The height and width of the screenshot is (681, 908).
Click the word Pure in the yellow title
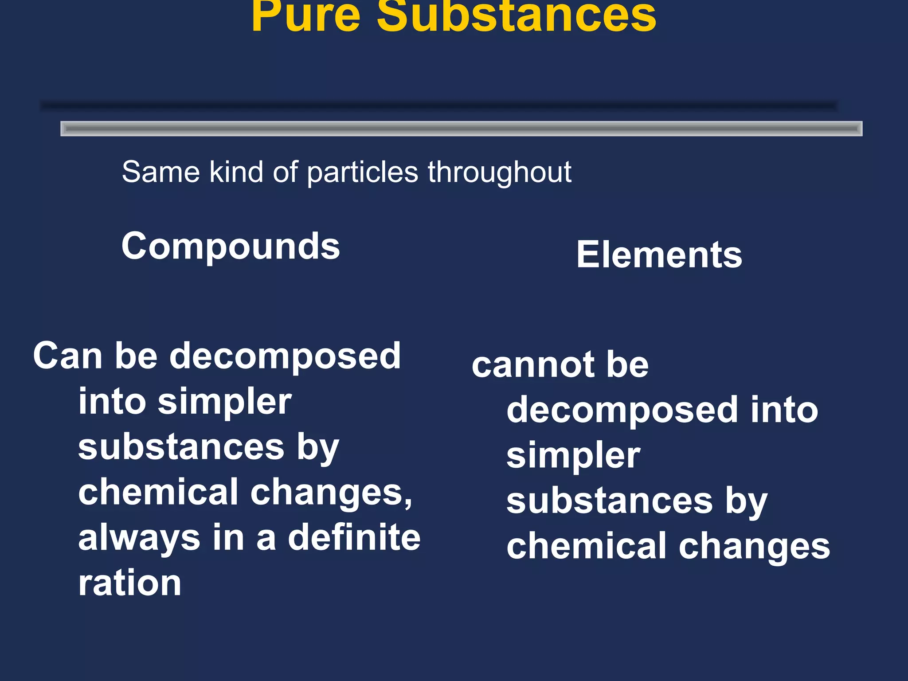tap(305, 17)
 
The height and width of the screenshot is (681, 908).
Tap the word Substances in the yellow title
tap(516, 17)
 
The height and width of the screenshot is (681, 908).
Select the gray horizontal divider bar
tap(461, 129)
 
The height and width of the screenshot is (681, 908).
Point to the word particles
tap(362, 173)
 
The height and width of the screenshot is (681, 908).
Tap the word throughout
tap(499, 173)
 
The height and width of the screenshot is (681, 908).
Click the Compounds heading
tap(231, 247)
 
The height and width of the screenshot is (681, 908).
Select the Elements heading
tap(659, 255)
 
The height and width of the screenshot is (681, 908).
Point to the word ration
tap(129, 583)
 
